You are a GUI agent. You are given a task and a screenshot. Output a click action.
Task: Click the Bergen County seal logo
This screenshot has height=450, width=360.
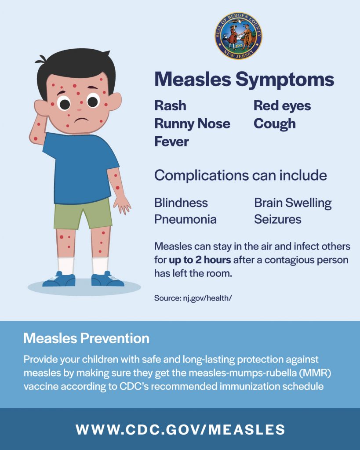pos(238,36)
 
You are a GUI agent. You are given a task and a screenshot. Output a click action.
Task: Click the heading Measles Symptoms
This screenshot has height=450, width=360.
pos(244,80)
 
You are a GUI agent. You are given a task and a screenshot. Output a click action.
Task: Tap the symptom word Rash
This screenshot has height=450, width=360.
pos(170,105)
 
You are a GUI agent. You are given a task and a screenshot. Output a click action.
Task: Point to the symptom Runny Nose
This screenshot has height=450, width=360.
pos(193,124)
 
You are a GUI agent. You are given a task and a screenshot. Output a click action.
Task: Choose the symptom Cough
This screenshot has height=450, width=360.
pos(275,124)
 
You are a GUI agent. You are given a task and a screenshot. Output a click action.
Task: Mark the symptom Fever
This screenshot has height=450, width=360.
pos(172,142)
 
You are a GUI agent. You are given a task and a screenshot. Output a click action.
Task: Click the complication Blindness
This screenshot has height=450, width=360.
pos(181,203)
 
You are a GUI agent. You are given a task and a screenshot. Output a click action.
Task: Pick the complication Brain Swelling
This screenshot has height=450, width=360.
pos(293,203)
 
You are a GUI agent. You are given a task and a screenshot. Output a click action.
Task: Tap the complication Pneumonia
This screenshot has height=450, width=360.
pos(185,219)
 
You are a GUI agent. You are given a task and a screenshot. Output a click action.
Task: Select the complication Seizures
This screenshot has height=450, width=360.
pos(278,219)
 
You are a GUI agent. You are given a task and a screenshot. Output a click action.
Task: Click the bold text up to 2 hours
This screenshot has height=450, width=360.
pos(200,260)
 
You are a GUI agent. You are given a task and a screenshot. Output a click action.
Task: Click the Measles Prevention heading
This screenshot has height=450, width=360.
pos(87,338)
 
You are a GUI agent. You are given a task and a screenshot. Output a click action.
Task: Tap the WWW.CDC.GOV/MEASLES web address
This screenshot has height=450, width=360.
pos(180,430)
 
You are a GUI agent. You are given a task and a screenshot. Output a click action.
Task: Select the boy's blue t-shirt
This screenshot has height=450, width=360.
pos(81,169)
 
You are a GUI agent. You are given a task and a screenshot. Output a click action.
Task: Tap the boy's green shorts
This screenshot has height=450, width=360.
pos(83,214)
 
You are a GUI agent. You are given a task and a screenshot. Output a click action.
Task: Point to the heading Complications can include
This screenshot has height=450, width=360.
pos(240,175)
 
